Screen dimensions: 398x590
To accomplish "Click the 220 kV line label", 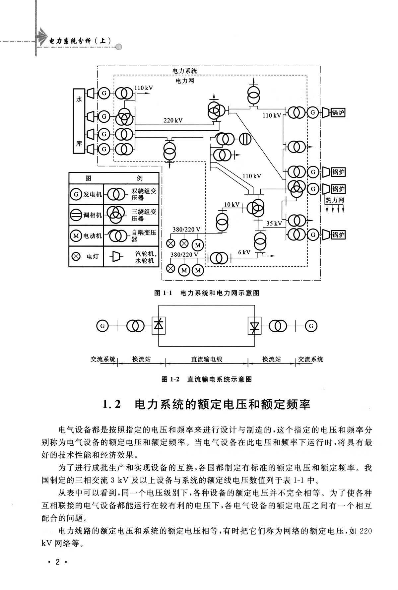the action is coord(173,120).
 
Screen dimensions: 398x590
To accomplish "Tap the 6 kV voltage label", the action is coord(244,252).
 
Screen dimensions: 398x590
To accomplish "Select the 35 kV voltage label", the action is coord(274,224).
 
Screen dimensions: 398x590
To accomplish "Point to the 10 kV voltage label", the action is coord(232,205).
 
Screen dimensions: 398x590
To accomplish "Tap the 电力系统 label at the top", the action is coord(184,71).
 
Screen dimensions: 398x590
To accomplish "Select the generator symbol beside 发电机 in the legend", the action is coord(76,194).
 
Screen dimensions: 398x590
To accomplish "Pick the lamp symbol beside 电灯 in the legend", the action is coord(76,256).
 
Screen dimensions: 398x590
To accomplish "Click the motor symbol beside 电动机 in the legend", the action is coord(76,236).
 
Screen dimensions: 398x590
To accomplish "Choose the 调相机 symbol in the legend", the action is coord(76,215).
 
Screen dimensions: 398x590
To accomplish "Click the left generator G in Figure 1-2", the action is coord(102,326).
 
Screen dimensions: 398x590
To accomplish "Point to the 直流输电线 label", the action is coord(207,359).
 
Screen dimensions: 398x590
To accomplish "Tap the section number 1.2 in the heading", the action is coord(111,405).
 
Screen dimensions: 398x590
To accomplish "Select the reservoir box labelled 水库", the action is coord(79,121).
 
